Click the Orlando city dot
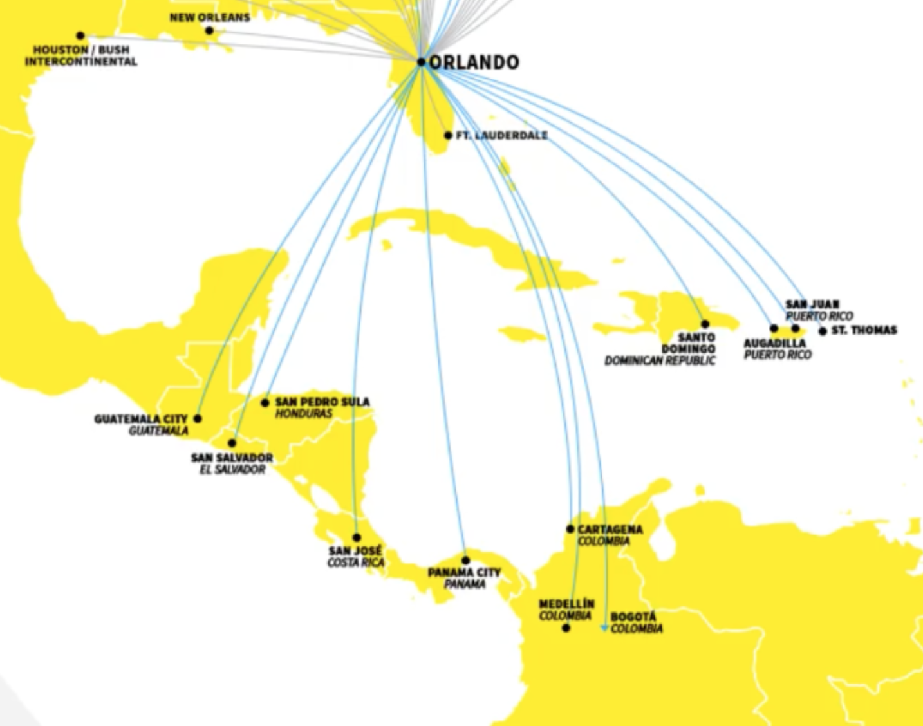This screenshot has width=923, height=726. click(421, 62)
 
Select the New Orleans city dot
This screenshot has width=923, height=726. click(209, 31)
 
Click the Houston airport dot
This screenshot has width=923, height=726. click(80, 36)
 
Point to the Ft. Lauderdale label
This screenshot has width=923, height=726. click(501, 135)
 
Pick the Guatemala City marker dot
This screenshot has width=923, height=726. click(198, 419)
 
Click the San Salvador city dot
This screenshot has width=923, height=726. click(232, 443)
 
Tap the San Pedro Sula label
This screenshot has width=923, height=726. click(322, 402)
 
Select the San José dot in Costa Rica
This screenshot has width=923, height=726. click(357, 537)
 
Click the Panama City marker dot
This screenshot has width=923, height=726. click(465, 561)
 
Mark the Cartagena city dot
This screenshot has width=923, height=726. click(570, 529)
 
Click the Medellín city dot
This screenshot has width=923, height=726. click(566, 628)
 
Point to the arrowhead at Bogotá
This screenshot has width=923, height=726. click(604, 628)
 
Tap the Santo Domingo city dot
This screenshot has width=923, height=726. click(705, 324)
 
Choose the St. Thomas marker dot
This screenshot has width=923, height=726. click(823, 331)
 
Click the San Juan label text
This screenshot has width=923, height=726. click(812, 304)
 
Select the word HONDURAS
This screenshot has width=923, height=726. click(304, 414)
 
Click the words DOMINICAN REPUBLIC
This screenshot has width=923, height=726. click(660, 361)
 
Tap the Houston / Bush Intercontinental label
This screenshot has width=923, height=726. click(81, 56)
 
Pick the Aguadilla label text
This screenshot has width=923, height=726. click(775, 343)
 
